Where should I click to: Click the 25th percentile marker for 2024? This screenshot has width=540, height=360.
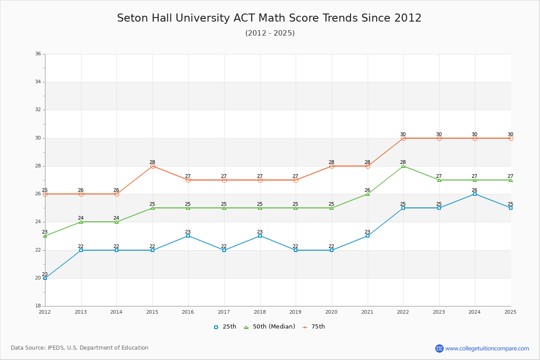pos(475,194)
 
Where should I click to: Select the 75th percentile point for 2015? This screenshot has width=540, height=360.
pos(153,166)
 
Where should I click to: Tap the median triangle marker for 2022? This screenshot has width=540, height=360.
pos(403,166)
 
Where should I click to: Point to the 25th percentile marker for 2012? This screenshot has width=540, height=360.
pos(45,278)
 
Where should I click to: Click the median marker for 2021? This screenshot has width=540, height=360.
pos(368,194)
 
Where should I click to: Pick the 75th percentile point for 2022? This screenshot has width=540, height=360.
pos(403,138)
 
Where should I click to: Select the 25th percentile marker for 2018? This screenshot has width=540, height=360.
pos(260,236)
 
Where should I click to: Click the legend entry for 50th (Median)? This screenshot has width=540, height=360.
pos(270,327)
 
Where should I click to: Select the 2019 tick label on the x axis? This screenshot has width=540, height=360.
pos(296,312)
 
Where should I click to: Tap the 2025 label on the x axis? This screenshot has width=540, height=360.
pos(510,312)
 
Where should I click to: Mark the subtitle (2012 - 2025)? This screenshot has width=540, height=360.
pos(270,33)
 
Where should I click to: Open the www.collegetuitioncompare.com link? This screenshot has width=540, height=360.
pos(487,348)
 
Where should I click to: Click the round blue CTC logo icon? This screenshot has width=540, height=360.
pos(439,348)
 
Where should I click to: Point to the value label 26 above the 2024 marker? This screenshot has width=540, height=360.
pos(474,190)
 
